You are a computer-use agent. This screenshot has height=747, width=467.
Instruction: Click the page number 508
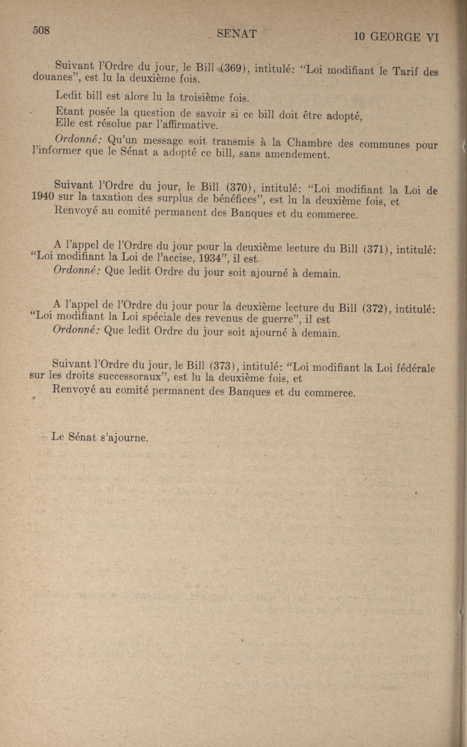(x=41, y=30)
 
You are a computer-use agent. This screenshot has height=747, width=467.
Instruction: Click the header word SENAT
(x=237, y=34)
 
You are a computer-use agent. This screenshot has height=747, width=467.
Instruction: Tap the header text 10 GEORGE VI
(x=396, y=37)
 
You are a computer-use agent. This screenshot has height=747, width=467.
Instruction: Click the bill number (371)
(x=377, y=248)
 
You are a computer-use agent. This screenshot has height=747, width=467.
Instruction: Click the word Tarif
(x=405, y=71)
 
